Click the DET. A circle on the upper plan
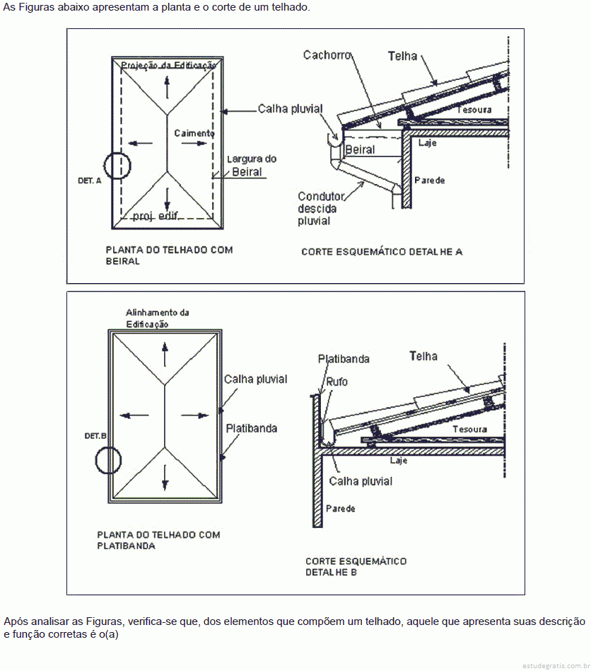(x=117, y=166)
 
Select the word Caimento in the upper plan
(x=194, y=133)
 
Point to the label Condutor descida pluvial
(x=321, y=208)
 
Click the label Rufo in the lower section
(x=337, y=382)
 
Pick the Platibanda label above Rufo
(x=344, y=359)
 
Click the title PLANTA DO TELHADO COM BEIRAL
(x=169, y=255)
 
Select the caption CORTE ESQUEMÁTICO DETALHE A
(x=382, y=251)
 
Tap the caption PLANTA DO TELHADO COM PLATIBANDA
(x=158, y=540)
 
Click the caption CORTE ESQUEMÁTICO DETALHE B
(x=356, y=566)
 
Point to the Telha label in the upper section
(x=402, y=56)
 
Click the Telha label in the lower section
(x=423, y=356)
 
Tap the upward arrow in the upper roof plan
(x=167, y=87)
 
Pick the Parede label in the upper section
(x=430, y=180)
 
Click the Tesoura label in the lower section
(x=469, y=429)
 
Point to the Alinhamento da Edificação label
(x=157, y=318)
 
